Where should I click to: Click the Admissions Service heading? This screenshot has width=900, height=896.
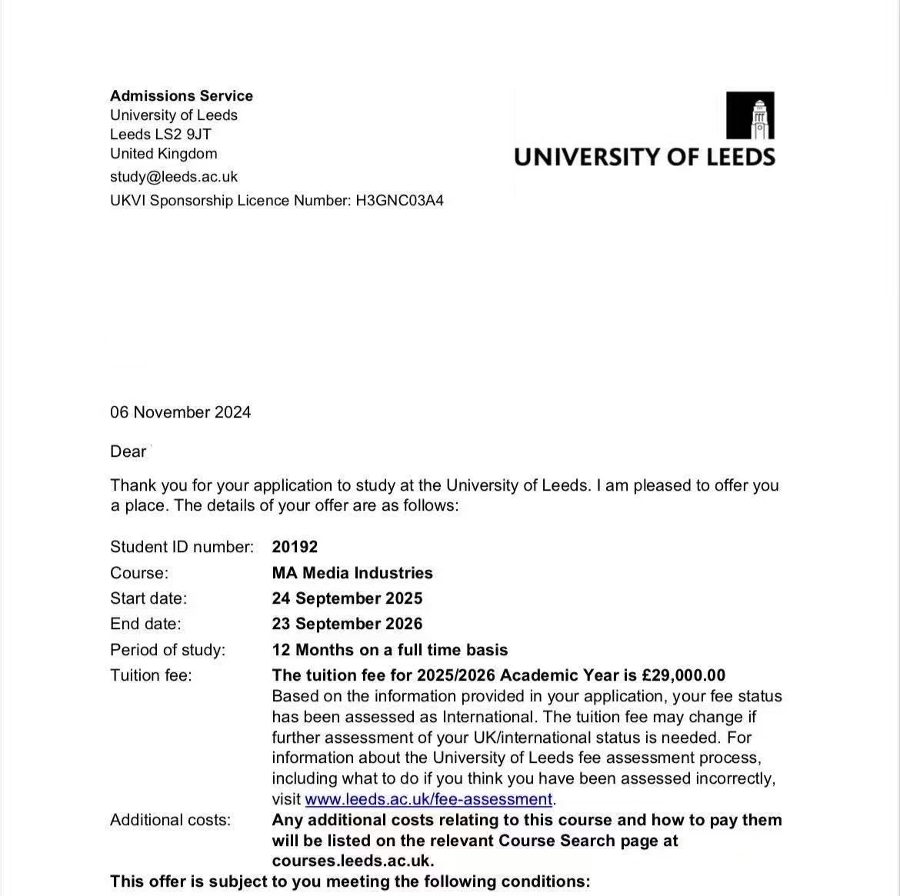pyautogui.click(x=182, y=96)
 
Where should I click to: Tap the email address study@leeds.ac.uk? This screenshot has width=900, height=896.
pyautogui.click(x=174, y=177)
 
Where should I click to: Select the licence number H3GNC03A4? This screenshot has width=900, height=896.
pyautogui.click(x=399, y=201)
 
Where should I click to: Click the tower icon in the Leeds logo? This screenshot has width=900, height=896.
pyautogui.click(x=750, y=115)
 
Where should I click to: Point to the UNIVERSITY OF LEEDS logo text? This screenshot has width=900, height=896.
pyautogui.click(x=644, y=157)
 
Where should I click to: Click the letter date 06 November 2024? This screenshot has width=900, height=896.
pyautogui.click(x=180, y=412)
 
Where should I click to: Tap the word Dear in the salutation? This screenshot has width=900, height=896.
pyautogui.click(x=128, y=451)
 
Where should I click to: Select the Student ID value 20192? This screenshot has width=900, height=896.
pyautogui.click(x=295, y=547)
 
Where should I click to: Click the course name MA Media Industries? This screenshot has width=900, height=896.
pyautogui.click(x=352, y=573)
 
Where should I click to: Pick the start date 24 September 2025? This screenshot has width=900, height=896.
pyautogui.click(x=347, y=598)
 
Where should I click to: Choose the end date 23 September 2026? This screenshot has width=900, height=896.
pyautogui.click(x=347, y=624)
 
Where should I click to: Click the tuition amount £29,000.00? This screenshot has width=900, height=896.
pyautogui.click(x=684, y=675)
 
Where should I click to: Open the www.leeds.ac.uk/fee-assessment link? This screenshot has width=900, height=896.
pyautogui.click(x=428, y=799)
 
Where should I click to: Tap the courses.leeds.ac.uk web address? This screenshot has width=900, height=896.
pyautogui.click(x=352, y=861)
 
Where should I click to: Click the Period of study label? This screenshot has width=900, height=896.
pyautogui.click(x=168, y=650)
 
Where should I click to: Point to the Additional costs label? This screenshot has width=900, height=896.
pyautogui.click(x=170, y=820)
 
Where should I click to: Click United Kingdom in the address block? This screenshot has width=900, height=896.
pyautogui.click(x=164, y=154)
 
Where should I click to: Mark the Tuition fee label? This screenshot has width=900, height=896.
pyautogui.click(x=151, y=675)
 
